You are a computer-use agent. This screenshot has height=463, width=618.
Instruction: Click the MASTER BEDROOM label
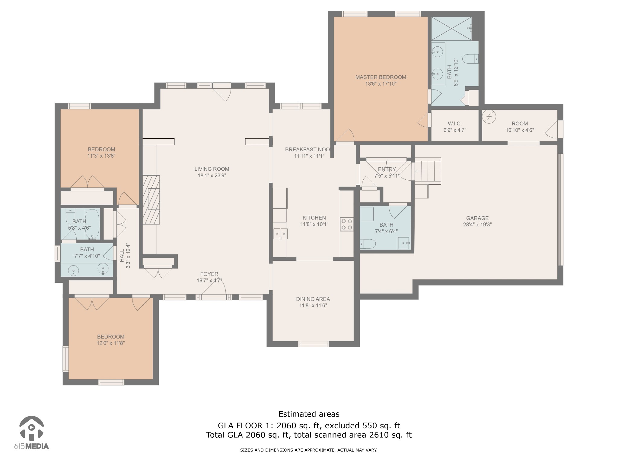point(381,77)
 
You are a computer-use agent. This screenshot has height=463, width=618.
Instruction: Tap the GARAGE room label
point(477,218)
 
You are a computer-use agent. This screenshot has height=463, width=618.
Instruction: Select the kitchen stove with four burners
point(347,224)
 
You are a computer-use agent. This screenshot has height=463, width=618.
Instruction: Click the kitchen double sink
point(280,234)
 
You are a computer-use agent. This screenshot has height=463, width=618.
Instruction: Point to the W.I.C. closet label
point(454,124)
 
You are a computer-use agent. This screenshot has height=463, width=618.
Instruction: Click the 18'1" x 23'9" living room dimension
point(212,175)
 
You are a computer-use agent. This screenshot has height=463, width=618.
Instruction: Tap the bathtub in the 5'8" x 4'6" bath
point(92,224)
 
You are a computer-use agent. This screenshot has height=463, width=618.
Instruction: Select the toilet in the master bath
point(470,59)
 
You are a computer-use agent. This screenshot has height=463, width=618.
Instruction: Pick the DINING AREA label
point(313,299)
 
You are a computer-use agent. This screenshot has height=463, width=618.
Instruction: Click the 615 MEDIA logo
point(31,433)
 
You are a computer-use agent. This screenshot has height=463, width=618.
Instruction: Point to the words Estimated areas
point(309,414)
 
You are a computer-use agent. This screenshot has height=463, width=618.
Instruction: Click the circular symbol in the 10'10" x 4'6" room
point(489,117)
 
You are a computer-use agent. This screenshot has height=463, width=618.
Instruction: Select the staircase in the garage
point(428,171)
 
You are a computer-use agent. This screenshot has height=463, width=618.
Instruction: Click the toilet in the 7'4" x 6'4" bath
point(367,244)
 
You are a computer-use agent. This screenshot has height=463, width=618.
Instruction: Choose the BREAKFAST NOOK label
point(307,150)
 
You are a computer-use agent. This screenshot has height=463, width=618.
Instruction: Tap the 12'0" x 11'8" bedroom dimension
point(111,343)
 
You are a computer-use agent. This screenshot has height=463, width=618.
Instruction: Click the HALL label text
point(122,256)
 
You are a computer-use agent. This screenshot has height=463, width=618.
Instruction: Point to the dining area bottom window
point(313,344)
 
